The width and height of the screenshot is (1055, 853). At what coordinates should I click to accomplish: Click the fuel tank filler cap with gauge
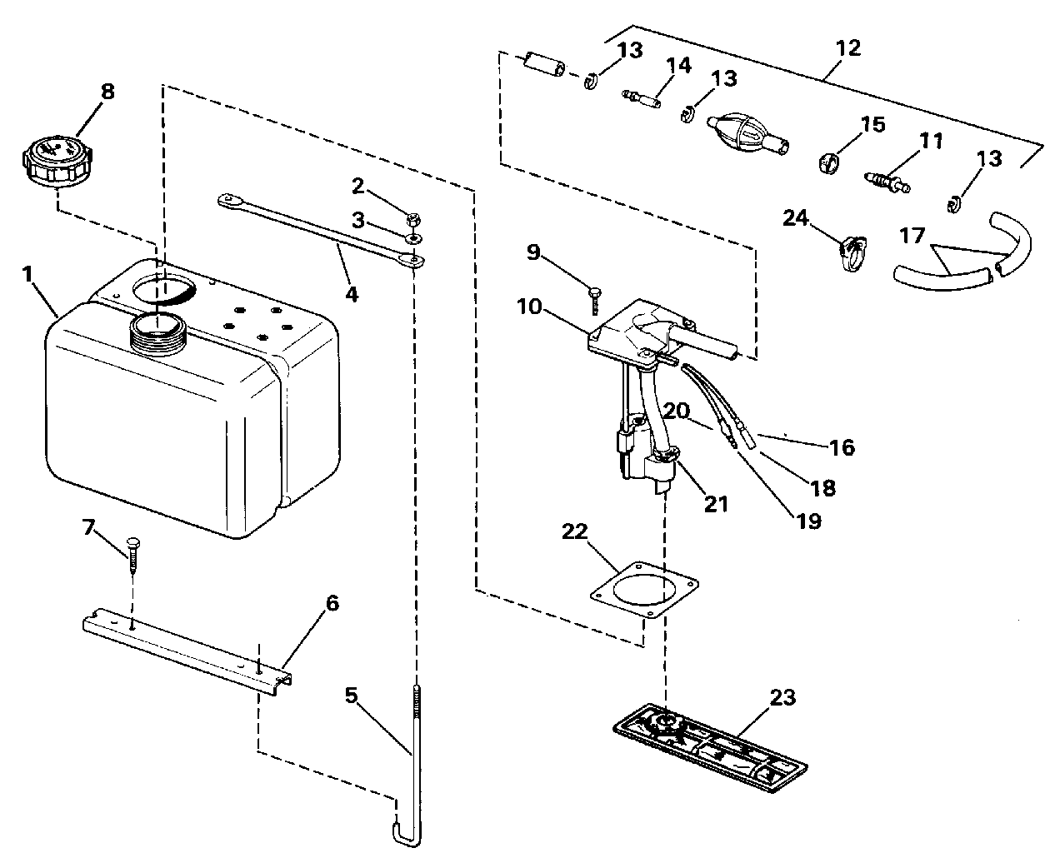(58, 161)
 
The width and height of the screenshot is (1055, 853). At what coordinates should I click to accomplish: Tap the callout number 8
(107, 92)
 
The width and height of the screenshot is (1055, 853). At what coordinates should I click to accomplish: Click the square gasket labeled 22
(644, 591)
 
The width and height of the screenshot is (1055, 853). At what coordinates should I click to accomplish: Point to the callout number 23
(782, 697)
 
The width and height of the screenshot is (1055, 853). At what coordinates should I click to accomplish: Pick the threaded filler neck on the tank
(157, 335)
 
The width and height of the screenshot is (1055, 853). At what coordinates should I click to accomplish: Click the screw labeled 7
(133, 555)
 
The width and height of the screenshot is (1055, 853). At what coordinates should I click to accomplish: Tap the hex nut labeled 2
(413, 217)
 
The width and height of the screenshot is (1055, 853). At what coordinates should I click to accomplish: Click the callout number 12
(848, 48)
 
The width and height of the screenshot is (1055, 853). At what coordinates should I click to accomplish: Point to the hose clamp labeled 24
(852, 252)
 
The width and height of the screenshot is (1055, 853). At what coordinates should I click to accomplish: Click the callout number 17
(912, 235)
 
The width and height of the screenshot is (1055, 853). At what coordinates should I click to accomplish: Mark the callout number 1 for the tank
(27, 273)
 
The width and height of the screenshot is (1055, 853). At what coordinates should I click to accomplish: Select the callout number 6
(332, 603)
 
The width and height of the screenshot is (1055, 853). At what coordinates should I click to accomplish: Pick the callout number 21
(716, 504)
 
